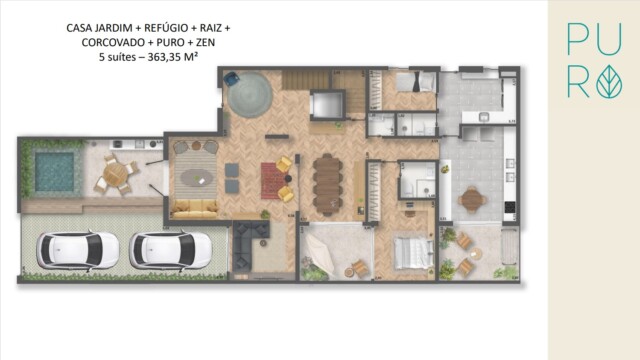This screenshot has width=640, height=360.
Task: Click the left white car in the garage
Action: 64,250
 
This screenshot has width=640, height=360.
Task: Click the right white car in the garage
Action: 170,250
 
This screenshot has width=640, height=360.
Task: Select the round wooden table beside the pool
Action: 117,175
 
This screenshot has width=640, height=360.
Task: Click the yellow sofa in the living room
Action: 195,208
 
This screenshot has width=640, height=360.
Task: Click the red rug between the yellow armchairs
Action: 273,180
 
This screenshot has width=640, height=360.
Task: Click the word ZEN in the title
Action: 219,44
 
